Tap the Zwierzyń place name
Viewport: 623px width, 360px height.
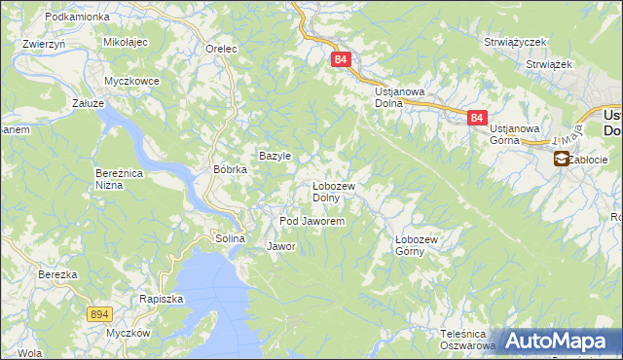(x=43, y=44)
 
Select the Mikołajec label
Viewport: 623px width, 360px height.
(x=125, y=43)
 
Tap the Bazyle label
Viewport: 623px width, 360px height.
(x=275, y=156)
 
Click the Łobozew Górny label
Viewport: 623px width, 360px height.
(x=420, y=243)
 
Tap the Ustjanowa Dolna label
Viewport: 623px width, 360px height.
(x=401, y=96)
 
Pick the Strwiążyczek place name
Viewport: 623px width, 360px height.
(x=515, y=43)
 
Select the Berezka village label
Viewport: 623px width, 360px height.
(x=57, y=274)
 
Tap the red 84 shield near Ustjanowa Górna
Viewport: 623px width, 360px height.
(x=476, y=118)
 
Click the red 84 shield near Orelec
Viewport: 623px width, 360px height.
(x=340, y=59)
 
